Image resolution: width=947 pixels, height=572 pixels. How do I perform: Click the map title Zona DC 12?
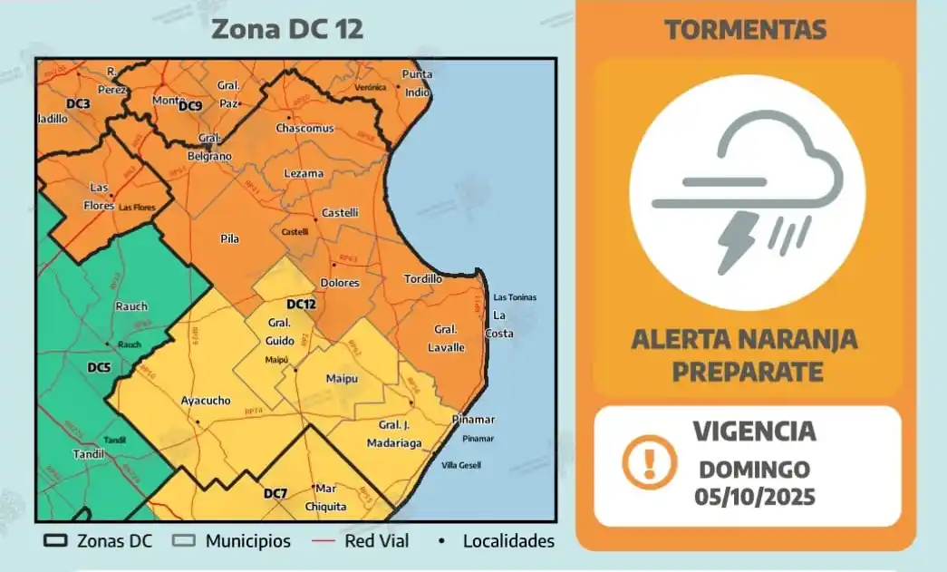(x=286, y=28)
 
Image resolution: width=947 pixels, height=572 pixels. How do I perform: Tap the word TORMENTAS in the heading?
(x=745, y=30)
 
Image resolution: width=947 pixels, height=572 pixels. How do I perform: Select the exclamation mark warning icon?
(x=649, y=462)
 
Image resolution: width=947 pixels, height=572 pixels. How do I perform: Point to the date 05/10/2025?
(x=755, y=498)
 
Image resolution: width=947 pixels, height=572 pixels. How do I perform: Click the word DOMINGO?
(x=754, y=470)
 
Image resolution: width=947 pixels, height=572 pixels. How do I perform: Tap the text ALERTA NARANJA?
(x=744, y=340)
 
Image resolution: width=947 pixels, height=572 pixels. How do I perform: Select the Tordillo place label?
(x=422, y=279)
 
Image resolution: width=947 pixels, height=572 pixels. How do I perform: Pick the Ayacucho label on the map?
(x=206, y=401)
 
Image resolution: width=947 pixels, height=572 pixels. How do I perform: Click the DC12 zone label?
(x=301, y=304)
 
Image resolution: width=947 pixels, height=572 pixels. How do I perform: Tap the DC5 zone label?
(x=99, y=367)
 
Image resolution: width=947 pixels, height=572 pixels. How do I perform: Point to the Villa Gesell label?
(x=461, y=466)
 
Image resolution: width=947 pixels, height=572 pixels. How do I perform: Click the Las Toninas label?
(x=515, y=297)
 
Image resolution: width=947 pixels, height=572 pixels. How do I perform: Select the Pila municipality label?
(x=229, y=238)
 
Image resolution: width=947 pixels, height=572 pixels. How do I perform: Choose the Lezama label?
(x=304, y=173)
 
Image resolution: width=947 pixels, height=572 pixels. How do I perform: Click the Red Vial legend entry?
(x=377, y=541)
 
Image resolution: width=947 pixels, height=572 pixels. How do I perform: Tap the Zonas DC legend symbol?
(x=56, y=541)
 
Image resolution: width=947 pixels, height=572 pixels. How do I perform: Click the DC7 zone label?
(x=275, y=494)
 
